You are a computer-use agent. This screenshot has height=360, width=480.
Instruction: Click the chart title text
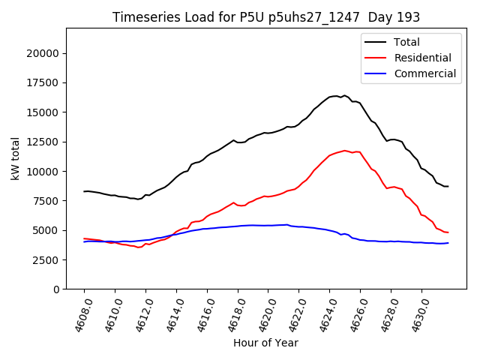point(266,16)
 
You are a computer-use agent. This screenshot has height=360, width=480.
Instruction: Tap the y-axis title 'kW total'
point(16,159)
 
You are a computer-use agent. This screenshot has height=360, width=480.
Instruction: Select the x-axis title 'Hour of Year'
point(265,343)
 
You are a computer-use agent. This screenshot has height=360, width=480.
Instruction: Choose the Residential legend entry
point(422,58)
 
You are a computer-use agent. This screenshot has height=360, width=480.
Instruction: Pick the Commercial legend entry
point(424,73)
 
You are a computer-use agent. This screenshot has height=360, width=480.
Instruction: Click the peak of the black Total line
point(344,95)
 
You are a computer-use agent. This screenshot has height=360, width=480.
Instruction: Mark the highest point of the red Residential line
point(345,150)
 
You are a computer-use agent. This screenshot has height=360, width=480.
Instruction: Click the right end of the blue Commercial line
point(448,243)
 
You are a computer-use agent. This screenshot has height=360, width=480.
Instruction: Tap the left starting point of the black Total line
point(84,191)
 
